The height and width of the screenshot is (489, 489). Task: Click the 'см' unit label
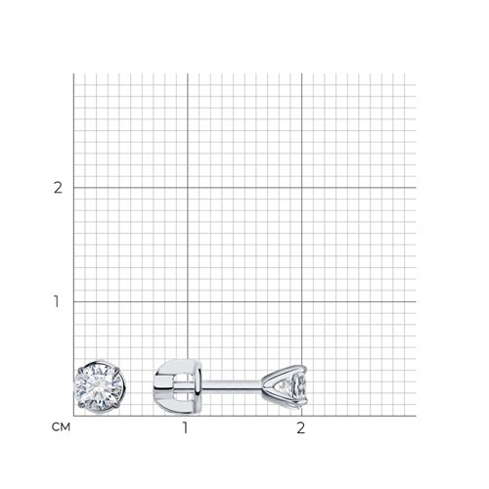click(61, 427)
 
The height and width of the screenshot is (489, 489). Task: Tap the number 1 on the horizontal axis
click(185, 427)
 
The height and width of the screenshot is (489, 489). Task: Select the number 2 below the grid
click(300, 427)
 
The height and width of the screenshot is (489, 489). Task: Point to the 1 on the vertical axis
click(57, 301)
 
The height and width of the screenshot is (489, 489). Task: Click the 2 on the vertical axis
click(58, 188)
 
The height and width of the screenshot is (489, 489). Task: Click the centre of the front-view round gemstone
click(99, 387)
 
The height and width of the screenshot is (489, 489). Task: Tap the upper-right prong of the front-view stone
click(117, 370)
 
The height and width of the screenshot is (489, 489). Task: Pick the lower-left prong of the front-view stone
click(81, 405)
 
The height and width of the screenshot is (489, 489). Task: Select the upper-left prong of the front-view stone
click(80, 371)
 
